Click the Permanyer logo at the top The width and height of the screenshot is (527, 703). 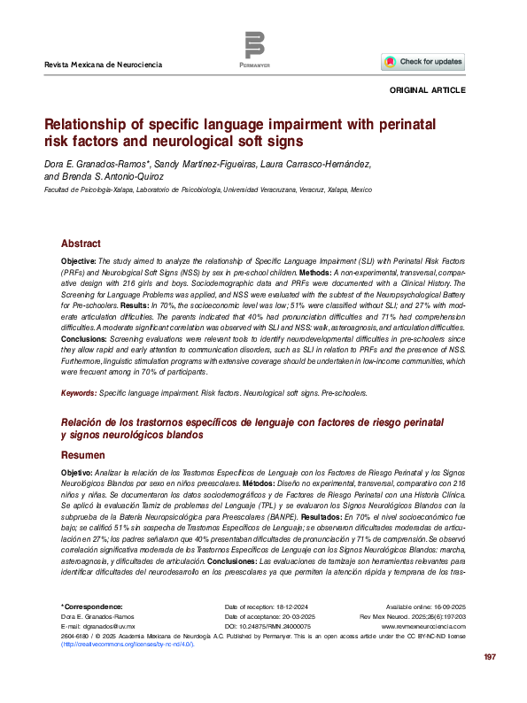254,48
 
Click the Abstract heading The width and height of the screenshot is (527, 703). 81,243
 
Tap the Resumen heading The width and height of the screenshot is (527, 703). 82,454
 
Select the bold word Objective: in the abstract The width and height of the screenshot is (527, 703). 79,263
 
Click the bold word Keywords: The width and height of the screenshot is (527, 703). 78,393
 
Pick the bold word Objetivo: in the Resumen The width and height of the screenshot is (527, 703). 77,474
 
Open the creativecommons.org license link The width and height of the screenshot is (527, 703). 126,645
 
